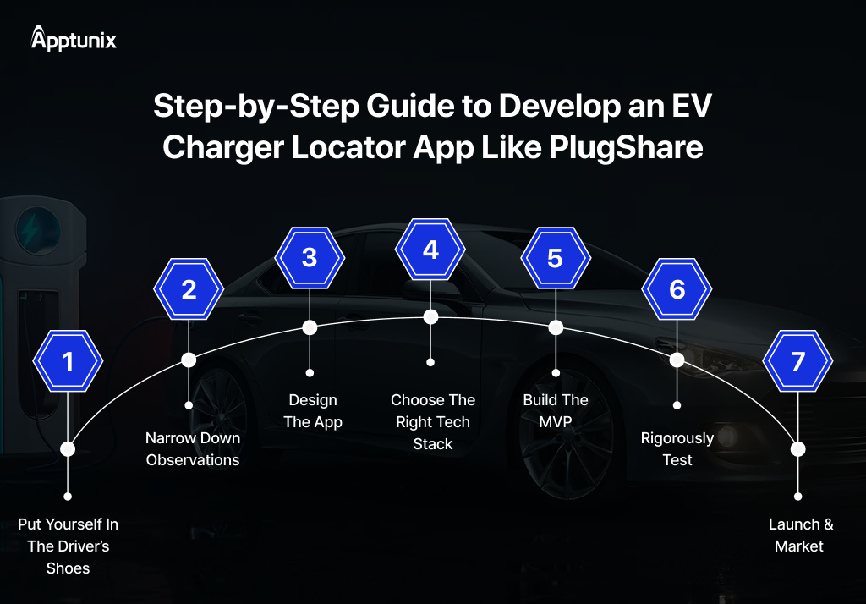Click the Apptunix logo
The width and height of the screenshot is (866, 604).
coord(73,39)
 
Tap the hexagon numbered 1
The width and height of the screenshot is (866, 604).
coord(68,361)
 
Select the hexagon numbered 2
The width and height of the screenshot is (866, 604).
coord(189,289)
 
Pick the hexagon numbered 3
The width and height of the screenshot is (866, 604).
coord(310,257)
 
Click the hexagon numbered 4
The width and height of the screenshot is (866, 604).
coord(430,250)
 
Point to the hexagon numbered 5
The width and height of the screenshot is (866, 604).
coord(555,257)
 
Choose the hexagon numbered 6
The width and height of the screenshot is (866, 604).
coord(677,289)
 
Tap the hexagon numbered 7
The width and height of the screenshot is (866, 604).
coord(797,361)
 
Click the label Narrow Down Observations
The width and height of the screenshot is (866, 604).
coord(193,449)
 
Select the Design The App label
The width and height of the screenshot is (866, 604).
coord(313,411)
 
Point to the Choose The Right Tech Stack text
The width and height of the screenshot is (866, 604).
coord(433,422)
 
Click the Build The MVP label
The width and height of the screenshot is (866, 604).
coord(556,411)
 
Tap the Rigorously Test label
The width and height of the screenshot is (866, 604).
coord(677,449)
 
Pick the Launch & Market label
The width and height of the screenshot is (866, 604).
coord(800,535)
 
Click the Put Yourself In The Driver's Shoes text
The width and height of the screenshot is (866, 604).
coord(68,546)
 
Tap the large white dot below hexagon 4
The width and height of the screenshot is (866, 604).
coord(430,317)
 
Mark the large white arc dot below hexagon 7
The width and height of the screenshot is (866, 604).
coord(797,449)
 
